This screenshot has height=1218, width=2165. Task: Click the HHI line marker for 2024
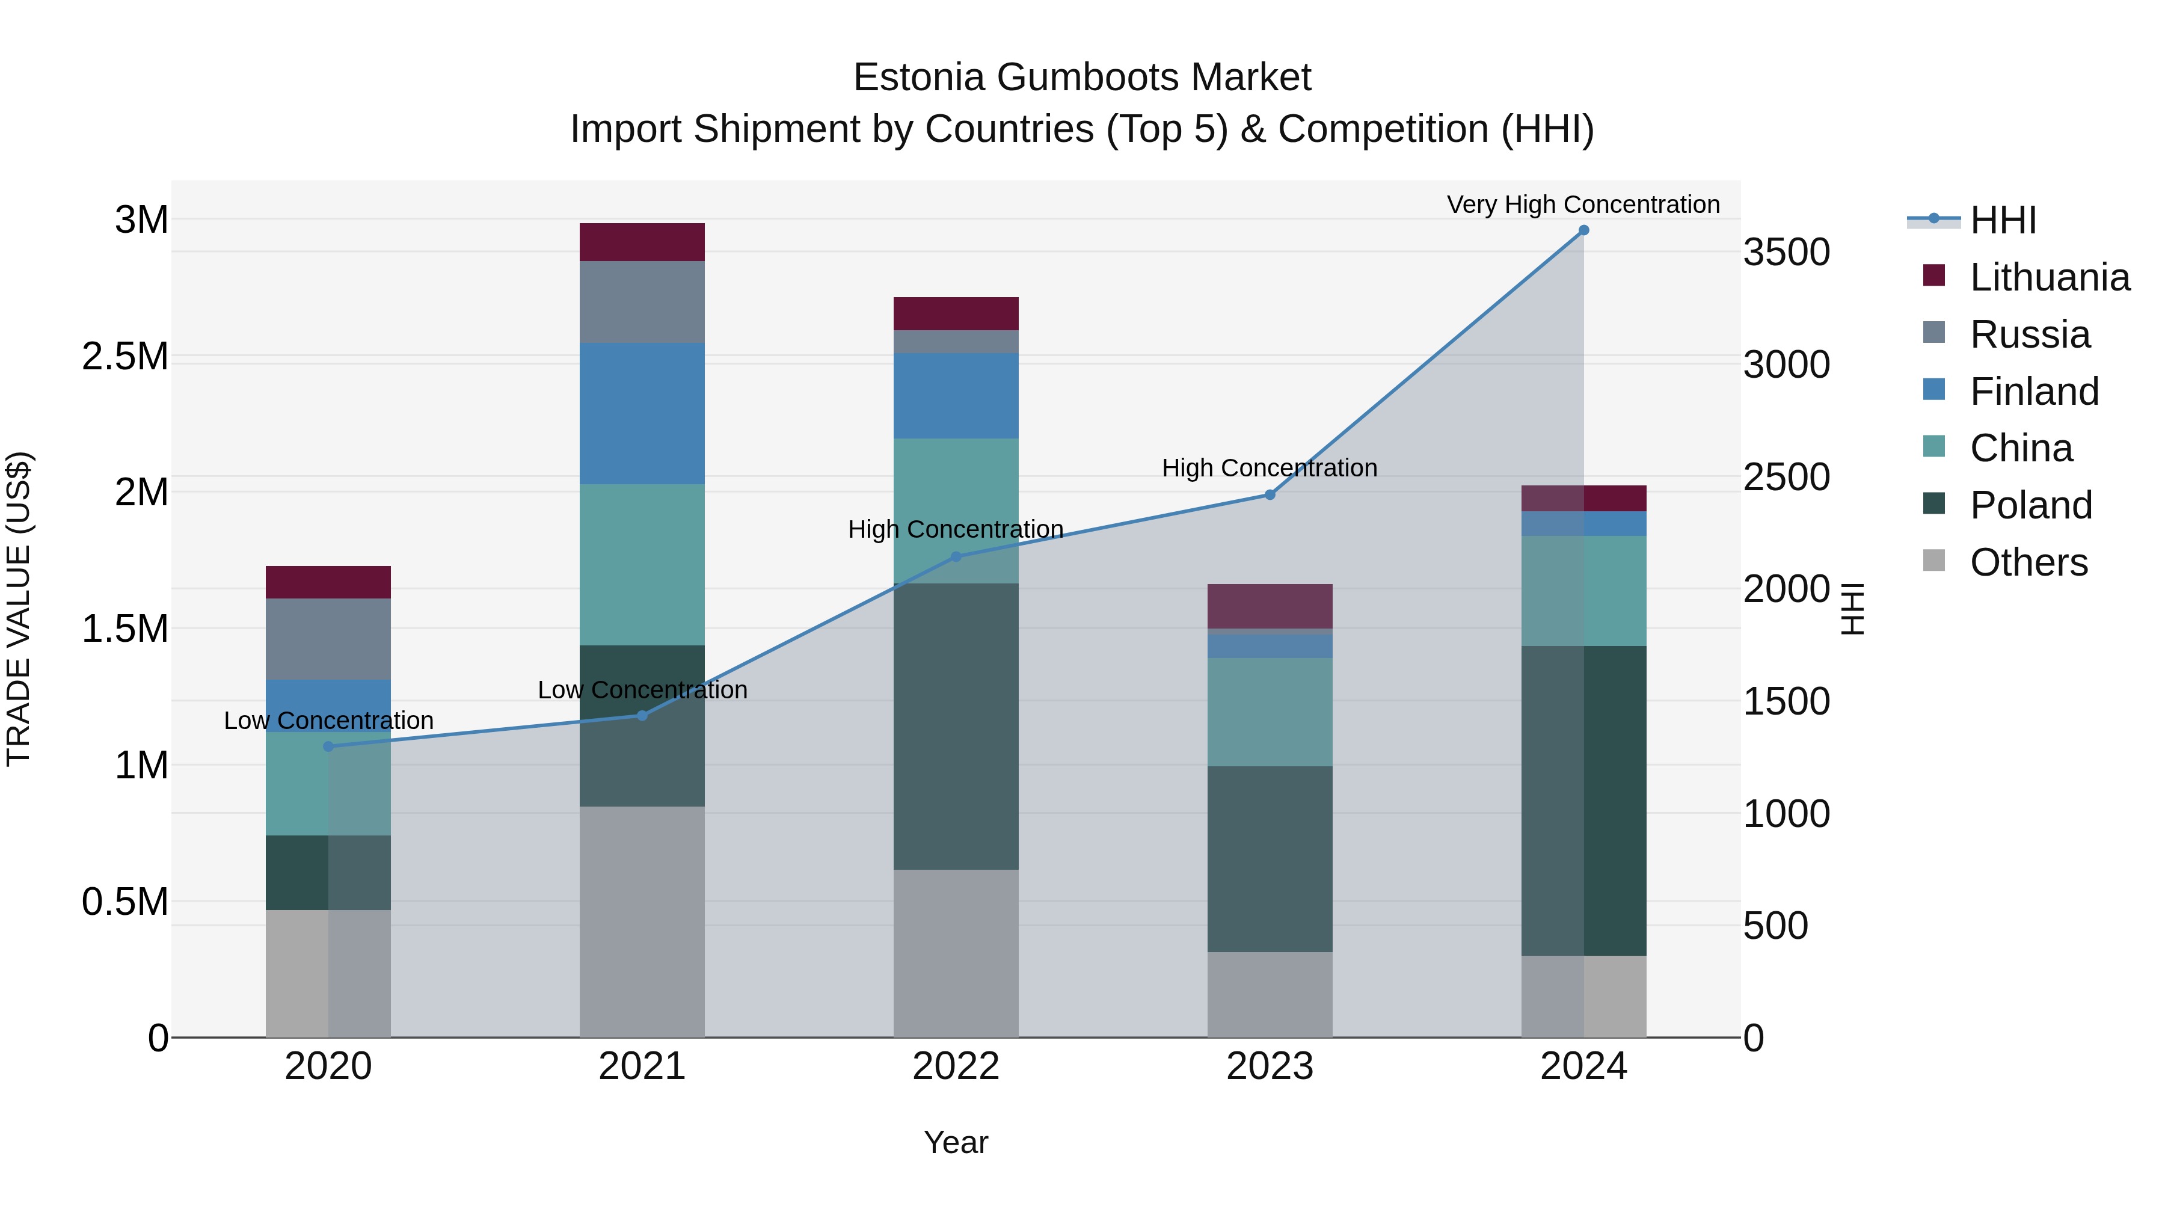[1583, 230]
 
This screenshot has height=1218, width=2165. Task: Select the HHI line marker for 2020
[328, 746]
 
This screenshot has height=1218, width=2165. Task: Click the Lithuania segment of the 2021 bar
[642, 242]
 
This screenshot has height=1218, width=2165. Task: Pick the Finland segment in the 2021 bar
[642, 414]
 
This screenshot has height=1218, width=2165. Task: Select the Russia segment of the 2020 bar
[328, 639]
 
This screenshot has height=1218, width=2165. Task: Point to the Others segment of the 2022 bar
[956, 953]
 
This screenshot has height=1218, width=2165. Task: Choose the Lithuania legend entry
[2049, 277]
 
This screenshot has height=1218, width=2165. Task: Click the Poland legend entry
[2030, 505]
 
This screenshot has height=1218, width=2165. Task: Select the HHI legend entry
[2003, 220]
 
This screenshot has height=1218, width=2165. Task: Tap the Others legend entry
[2028, 562]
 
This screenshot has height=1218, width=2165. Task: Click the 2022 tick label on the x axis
[956, 1066]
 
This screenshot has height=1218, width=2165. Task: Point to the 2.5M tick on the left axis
[125, 357]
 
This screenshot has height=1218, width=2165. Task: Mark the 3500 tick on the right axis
[1787, 252]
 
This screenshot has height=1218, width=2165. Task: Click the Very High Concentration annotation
[1583, 205]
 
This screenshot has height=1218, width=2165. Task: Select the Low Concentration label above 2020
[328, 721]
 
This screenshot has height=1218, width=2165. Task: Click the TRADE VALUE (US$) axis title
[19, 609]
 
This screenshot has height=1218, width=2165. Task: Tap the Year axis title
[956, 1142]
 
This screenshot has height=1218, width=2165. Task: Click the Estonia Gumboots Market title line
[1082, 78]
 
